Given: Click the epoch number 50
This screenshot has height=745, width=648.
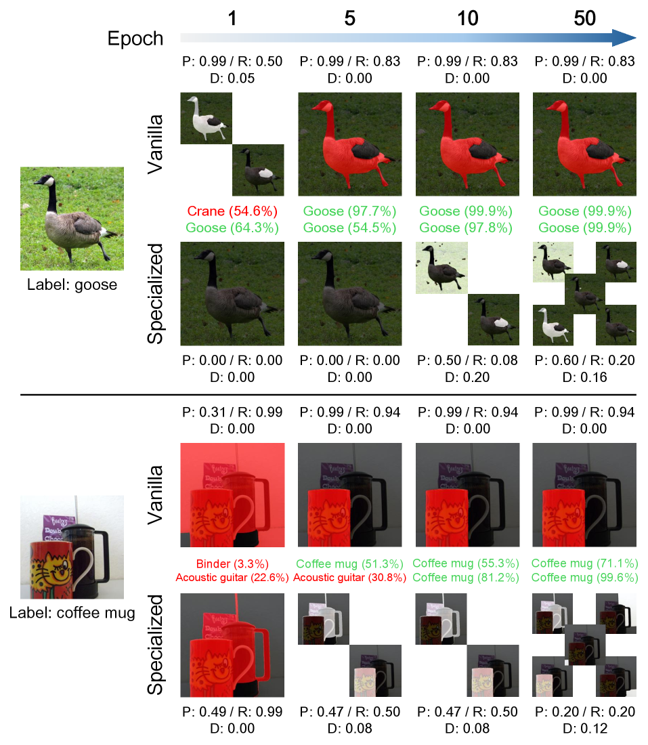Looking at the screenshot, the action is (584, 18).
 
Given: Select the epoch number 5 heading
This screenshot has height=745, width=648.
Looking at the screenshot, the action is (349, 18).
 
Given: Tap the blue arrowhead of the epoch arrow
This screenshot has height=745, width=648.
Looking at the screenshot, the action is (624, 37).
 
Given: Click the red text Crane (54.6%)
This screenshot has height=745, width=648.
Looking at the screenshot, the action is (232, 211).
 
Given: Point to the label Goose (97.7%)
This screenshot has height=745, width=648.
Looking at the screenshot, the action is (349, 211).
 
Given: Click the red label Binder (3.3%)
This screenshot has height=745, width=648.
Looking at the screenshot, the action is (232, 563).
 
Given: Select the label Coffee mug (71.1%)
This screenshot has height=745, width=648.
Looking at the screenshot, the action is (585, 563).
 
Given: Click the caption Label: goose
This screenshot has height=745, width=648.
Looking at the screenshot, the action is (72, 284).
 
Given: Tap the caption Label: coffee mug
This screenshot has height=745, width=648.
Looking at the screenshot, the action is (72, 612).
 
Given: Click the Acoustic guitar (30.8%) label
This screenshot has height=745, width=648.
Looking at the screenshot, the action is (349, 578).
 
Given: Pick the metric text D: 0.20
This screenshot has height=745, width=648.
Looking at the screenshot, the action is (467, 377).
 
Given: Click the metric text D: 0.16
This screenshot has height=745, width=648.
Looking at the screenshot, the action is (585, 377).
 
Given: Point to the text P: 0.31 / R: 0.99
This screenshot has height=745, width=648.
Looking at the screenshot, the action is (232, 412).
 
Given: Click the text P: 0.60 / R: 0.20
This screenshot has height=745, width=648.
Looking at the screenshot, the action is (585, 360).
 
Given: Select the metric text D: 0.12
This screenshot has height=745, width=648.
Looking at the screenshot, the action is (585, 728).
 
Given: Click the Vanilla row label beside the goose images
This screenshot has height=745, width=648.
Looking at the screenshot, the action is (155, 144).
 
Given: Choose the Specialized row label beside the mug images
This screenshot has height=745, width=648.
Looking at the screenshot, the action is (155, 645).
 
